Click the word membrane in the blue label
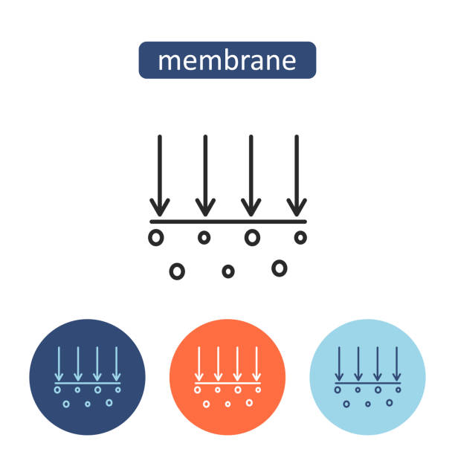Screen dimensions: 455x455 (227, 60)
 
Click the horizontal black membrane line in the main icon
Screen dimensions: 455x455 (227, 222)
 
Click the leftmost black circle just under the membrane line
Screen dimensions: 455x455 (155, 238)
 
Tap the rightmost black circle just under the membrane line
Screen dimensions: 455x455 (300, 238)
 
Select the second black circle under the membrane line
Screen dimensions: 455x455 (204, 238)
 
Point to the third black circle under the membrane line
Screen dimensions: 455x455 (253, 238)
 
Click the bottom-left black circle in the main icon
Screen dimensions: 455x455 (177, 271)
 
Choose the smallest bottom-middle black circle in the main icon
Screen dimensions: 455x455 (228, 271)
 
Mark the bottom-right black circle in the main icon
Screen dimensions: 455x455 (279, 268)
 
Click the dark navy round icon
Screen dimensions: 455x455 (87, 378)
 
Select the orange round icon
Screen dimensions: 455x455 (227, 378)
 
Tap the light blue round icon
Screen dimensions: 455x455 (367, 378)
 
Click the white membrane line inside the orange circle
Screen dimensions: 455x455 (227, 383)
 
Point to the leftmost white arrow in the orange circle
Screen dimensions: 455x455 (199, 364)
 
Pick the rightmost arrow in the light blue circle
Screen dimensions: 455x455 (397, 364)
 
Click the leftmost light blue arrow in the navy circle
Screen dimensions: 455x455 (58, 364)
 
